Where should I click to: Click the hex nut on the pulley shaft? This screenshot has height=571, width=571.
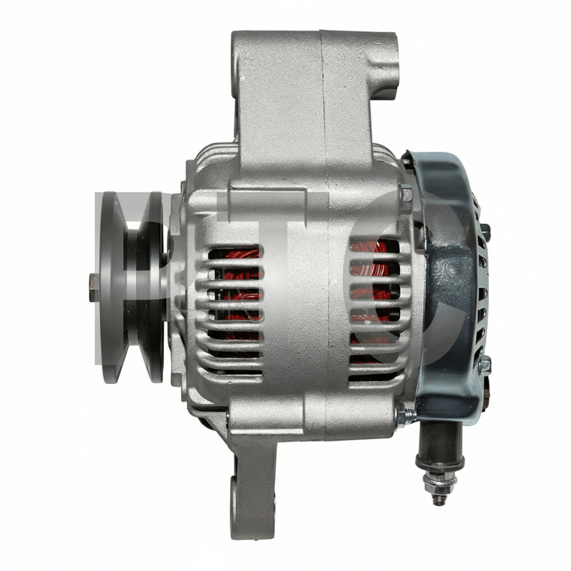click(94, 288)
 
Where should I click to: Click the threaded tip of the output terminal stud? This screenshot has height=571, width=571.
click(439, 499)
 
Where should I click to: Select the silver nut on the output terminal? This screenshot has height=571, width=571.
click(441, 480)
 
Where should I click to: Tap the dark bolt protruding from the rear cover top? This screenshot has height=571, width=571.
click(485, 229)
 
